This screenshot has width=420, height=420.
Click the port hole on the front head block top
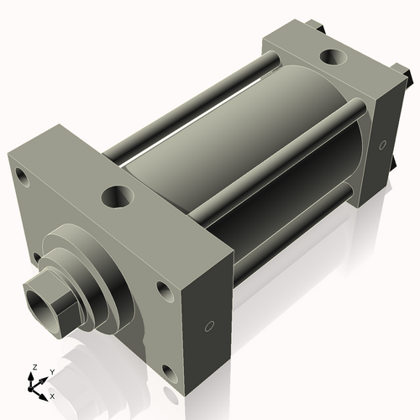116,198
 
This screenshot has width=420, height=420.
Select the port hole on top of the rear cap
333,58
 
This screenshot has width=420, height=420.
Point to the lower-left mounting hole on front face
37,257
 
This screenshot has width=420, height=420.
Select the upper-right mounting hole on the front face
163,290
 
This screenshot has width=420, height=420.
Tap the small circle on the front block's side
210,325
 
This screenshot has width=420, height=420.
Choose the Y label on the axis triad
51,371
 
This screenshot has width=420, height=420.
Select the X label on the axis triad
52,395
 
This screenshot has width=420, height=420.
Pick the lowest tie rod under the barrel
286,244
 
